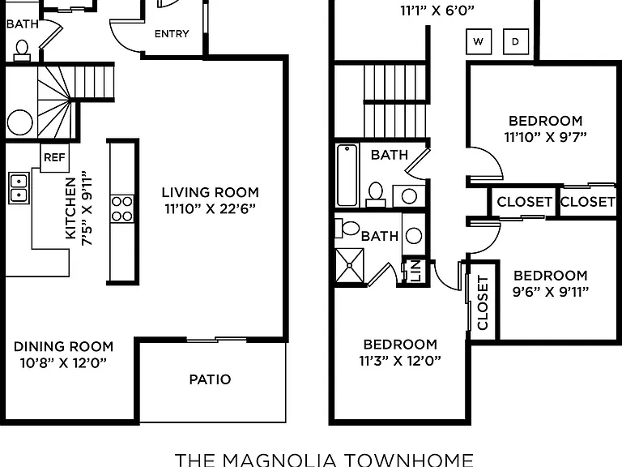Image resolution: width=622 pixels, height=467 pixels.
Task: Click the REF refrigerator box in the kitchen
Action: tap(55, 157)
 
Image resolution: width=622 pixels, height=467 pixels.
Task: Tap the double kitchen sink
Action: tap(19, 188)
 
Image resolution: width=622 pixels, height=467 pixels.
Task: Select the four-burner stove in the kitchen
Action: tap(122, 208)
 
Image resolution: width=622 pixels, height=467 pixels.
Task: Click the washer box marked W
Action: tap(479, 41)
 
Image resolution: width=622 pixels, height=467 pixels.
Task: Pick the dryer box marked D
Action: tap(516, 41)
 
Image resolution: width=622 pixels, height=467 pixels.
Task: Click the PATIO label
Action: tap(210, 379)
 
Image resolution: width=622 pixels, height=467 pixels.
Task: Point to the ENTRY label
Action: tap(172, 34)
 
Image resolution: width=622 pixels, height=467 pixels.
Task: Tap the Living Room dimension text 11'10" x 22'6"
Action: tap(211, 208)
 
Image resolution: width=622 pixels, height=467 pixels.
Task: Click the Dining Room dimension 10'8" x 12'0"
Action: tap(63, 362)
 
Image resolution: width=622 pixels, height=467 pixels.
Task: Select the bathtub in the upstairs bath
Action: tap(347, 175)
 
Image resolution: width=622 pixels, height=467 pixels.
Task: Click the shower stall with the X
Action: tap(350, 265)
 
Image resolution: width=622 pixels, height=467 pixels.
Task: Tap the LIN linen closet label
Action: tap(415, 271)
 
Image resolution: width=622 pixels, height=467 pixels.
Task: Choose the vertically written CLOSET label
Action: tap(483, 302)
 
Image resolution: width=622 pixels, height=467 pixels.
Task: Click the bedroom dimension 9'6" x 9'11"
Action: tap(551, 292)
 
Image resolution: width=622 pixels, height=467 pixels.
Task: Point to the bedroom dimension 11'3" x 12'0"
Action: tap(400, 361)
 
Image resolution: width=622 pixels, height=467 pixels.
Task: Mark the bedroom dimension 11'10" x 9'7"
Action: tap(545, 137)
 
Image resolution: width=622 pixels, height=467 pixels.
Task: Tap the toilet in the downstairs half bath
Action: tap(22, 51)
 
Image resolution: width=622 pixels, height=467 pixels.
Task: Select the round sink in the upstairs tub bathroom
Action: tap(409, 195)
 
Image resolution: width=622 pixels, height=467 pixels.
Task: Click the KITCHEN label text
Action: tap(70, 208)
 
